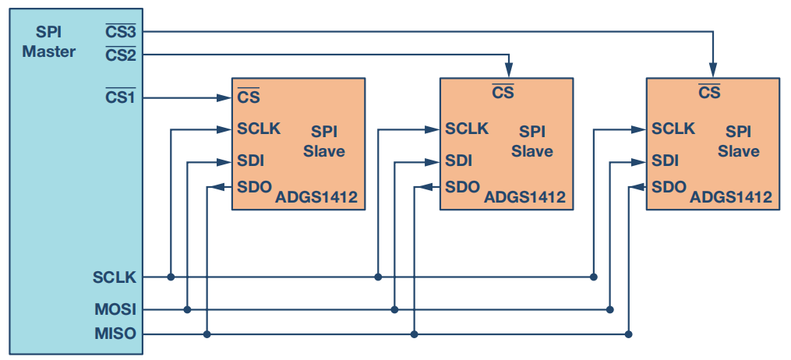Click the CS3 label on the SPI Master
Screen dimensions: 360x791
(x=121, y=32)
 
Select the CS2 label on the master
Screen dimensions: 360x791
(x=121, y=55)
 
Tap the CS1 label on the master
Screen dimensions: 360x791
(x=121, y=97)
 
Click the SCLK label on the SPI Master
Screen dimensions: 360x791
(x=115, y=277)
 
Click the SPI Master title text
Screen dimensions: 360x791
(x=48, y=42)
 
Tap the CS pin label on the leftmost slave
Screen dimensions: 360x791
(x=249, y=97)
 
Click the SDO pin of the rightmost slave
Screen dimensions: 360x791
(x=669, y=187)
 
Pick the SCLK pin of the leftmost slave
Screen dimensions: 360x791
(x=259, y=129)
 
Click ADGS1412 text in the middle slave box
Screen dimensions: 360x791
(x=524, y=197)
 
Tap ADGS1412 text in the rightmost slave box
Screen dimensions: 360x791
(x=731, y=197)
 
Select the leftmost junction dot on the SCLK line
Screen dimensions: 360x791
(x=170, y=277)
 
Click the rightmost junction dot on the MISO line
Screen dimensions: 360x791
(x=628, y=334)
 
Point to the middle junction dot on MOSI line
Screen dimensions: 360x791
(x=394, y=309)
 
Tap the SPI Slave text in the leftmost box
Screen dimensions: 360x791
(x=323, y=141)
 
